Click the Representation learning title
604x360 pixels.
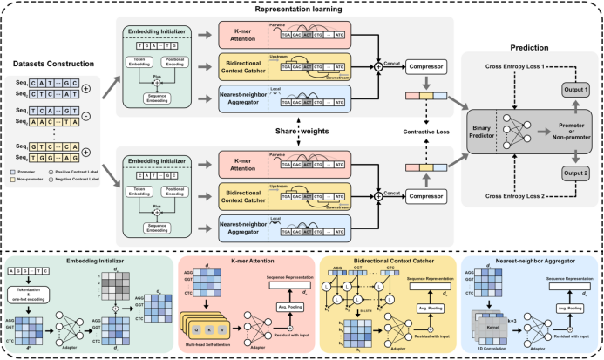[x=302, y=6]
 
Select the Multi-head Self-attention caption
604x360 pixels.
[x=209, y=345]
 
